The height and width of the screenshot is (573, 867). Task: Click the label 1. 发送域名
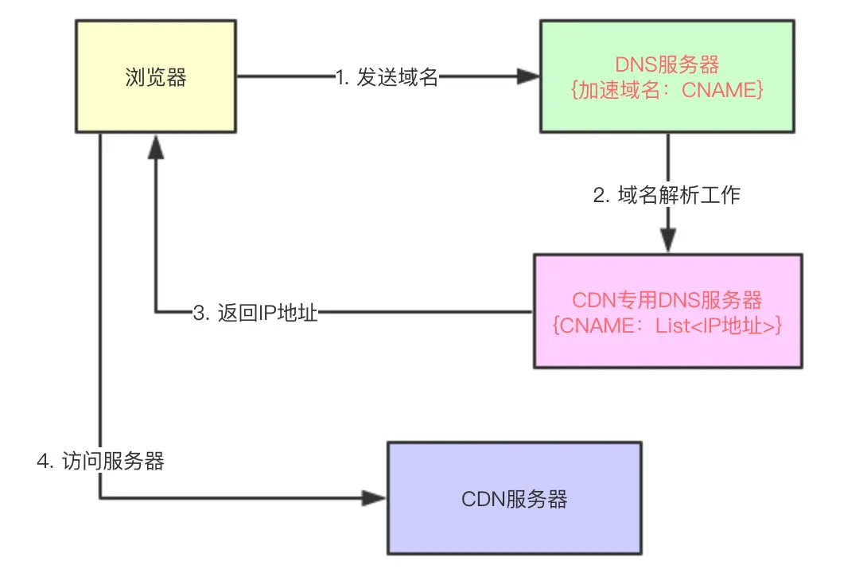click(x=386, y=77)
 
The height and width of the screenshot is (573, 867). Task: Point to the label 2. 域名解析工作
click(x=667, y=195)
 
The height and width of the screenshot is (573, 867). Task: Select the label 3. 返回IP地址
click(x=255, y=312)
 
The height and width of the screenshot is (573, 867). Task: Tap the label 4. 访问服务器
click(x=101, y=462)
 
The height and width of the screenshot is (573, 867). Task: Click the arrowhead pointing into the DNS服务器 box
click(x=528, y=77)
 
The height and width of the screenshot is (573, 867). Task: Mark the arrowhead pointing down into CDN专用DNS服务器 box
click(x=667, y=241)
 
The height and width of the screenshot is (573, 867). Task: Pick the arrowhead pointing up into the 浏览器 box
click(x=156, y=145)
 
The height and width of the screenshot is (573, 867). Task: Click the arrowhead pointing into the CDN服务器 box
click(x=374, y=499)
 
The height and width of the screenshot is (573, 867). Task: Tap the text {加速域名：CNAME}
click(x=667, y=90)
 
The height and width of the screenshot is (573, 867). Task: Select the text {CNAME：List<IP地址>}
click(x=667, y=325)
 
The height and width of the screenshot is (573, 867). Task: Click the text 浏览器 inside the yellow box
click(x=156, y=77)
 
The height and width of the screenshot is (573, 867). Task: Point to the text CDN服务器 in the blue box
click(x=514, y=499)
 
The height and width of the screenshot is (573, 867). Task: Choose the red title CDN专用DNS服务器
click(x=667, y=300)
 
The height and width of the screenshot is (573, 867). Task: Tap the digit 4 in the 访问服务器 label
click(x=43, y=462)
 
